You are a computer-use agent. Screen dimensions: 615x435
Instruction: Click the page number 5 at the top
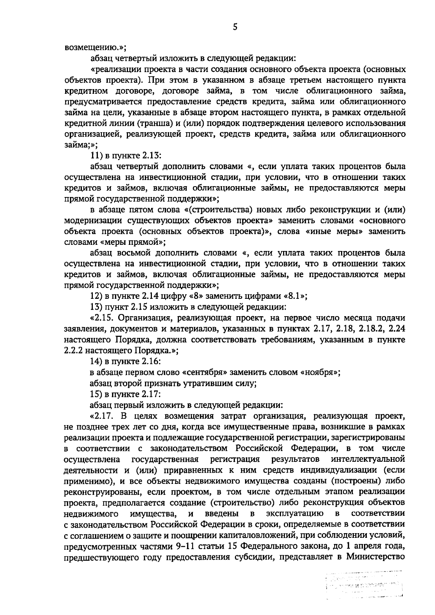point(235,27)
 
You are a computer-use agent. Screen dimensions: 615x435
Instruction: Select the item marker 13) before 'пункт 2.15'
point(96,307)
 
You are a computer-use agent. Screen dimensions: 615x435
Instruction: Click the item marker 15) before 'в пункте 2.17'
point(96,394)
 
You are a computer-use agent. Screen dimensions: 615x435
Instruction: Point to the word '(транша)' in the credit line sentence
point(138,124)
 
